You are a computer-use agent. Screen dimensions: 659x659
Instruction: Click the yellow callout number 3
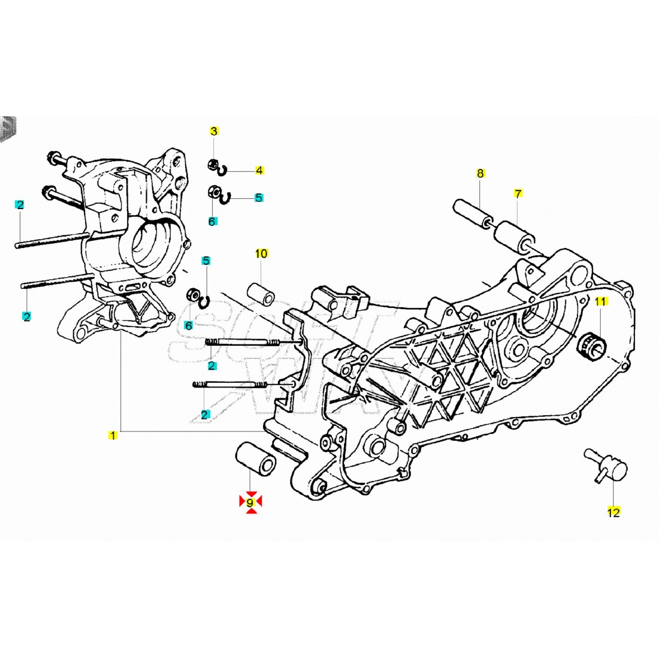coord(214,131)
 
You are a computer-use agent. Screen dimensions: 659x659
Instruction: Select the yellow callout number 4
coord(259,171)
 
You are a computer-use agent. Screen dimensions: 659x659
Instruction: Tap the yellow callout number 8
coord(480,174)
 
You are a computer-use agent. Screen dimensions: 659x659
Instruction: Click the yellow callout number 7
coord(518,194)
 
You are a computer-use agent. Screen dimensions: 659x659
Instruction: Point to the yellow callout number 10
coord(261,253)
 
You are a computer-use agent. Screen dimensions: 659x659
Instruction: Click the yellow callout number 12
coord(613,512)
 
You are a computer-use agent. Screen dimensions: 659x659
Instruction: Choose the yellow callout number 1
coord(113,436)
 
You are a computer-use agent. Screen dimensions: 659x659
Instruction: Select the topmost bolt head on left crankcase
coord(53,159)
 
